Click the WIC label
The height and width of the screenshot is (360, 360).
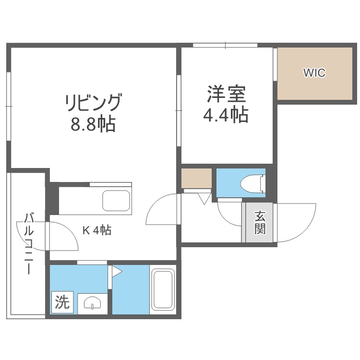point(314,73)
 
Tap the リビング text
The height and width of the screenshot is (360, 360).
point(93,103)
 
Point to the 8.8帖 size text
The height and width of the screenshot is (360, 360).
point(93,125)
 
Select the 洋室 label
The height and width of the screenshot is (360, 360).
point(227,94)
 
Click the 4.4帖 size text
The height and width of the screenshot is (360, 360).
point(227,115)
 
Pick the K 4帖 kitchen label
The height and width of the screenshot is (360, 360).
point(97,230)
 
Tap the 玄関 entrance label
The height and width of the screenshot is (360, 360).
point(260,222)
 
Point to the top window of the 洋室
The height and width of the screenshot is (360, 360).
point(226,46)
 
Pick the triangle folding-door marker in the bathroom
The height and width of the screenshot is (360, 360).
point(117,272)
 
